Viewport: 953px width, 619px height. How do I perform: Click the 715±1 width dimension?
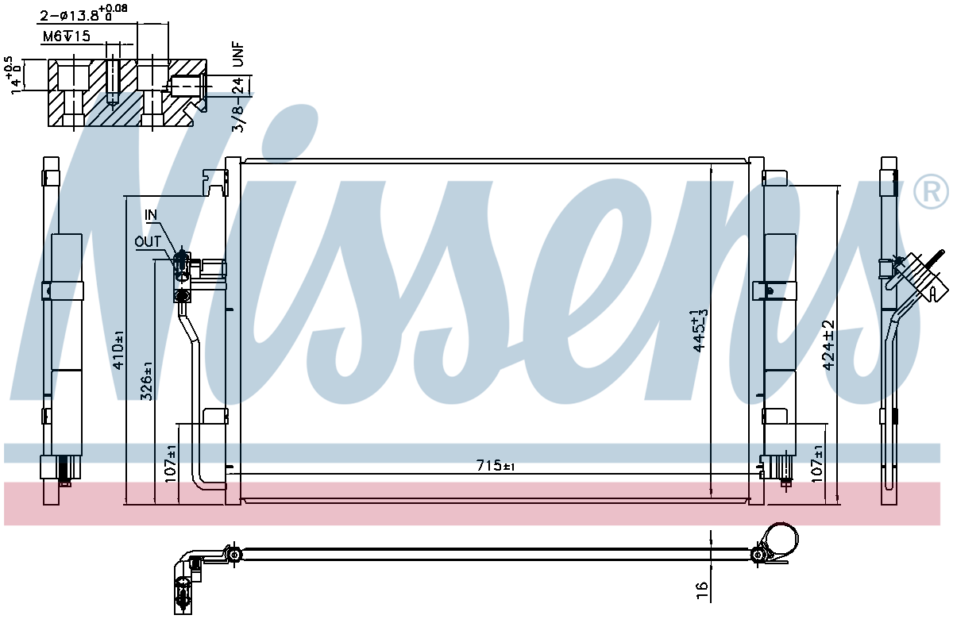tap(496, 466)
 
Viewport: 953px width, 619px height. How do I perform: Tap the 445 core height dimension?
tap(700, 330)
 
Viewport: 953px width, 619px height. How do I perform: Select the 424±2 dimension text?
tap(828, 345)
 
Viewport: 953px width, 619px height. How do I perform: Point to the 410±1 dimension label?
tap(118, 350)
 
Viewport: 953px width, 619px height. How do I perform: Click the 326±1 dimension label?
tap(147, 380)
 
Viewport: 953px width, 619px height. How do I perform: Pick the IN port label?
tap(151, 215)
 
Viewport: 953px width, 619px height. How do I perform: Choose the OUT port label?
tap(148, 242)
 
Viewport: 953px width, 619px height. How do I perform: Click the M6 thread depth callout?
tap(67, 37)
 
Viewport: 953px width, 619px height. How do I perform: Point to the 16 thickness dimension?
tap(702, 590)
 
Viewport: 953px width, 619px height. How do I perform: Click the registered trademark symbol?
tap(931, 192)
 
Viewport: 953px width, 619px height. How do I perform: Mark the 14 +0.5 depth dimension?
tap(14, 75)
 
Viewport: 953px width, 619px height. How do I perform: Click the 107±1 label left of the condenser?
tap(170, 463)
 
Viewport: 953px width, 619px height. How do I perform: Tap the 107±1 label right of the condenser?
tap(817, 463)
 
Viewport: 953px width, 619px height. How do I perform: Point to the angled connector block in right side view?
tap(919, 279)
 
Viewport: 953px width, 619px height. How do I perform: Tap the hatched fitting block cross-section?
tap(127, 93)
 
